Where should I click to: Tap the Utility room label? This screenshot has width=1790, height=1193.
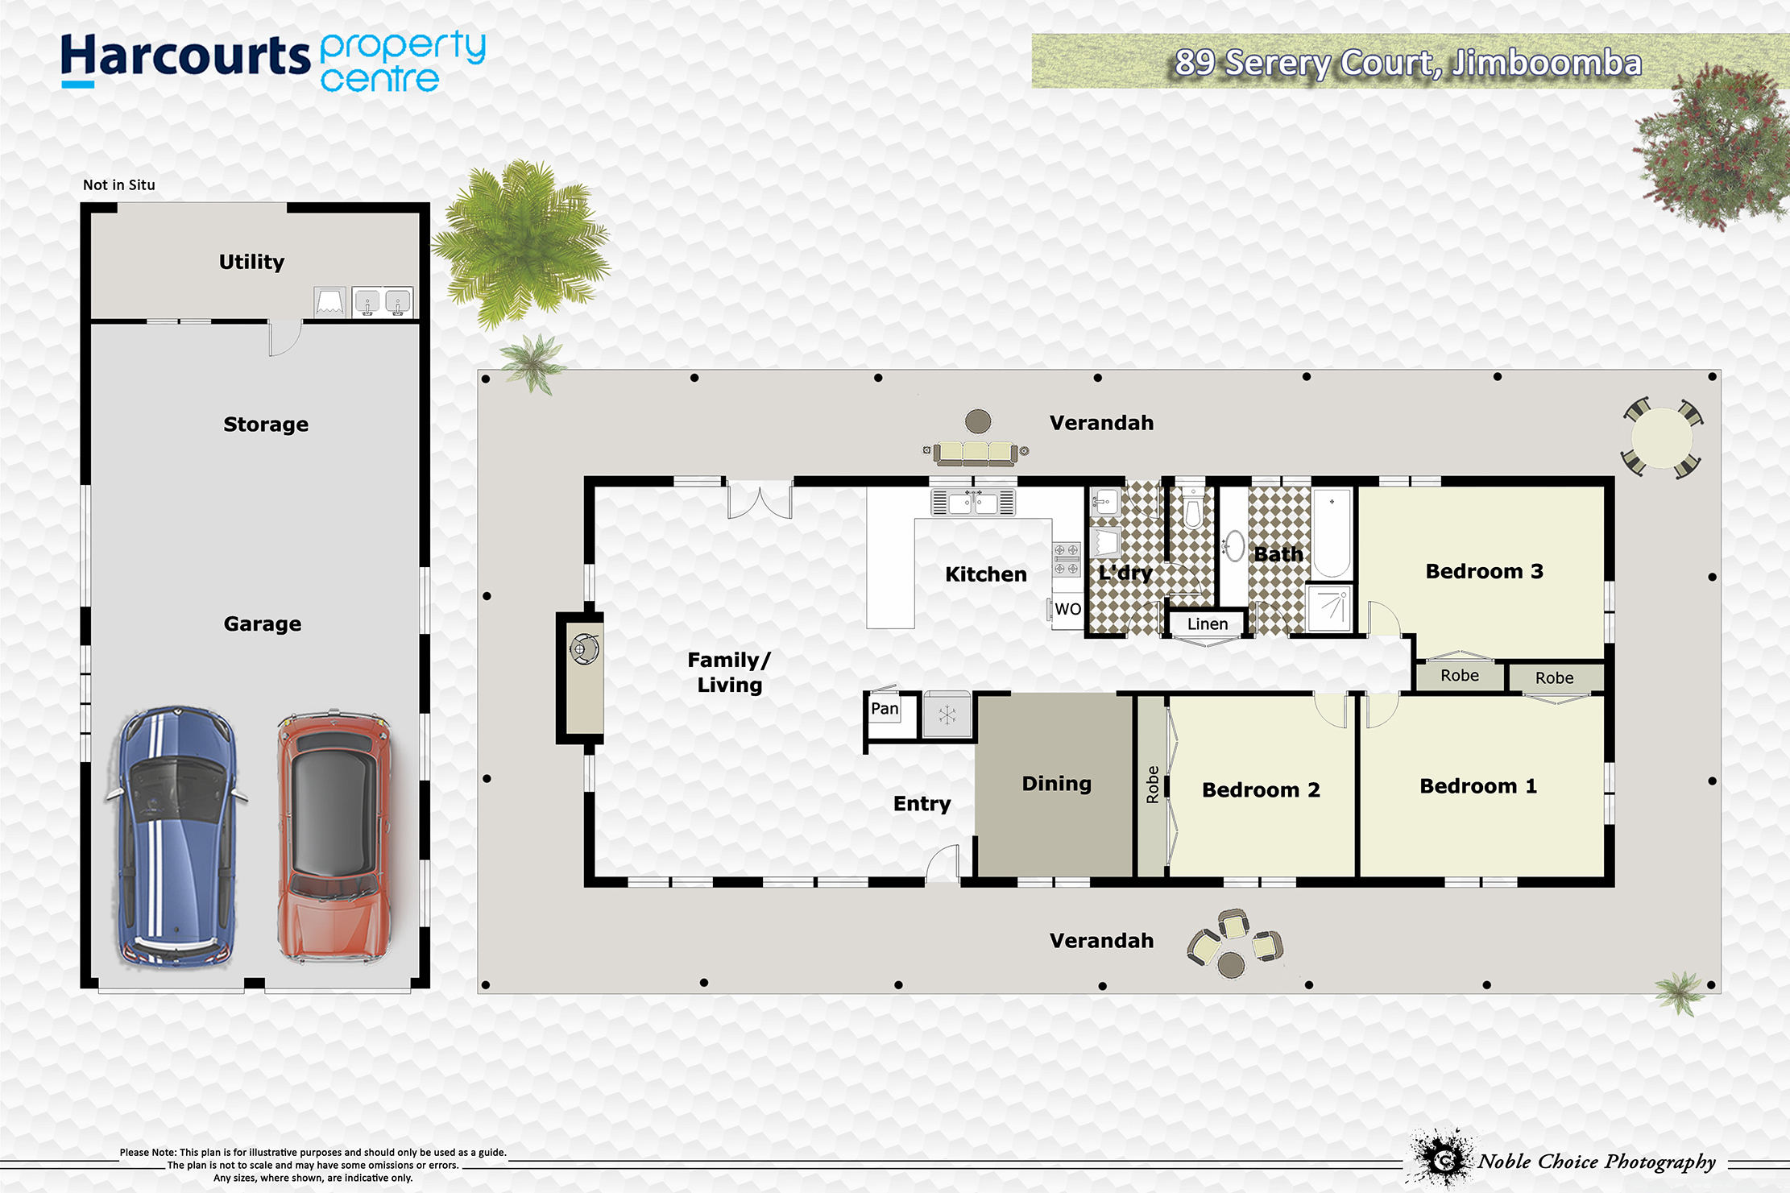(x=251, y=262)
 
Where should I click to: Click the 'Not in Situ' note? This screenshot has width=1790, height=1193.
(x=119, y=184)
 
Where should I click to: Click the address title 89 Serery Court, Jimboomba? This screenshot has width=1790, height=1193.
(x=1408, y=63)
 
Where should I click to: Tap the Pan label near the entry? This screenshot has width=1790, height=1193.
(x=885, y=709)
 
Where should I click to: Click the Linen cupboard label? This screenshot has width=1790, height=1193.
(x=1208, y=623)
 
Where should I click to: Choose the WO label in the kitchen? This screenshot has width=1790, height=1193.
(x=1068, y=609)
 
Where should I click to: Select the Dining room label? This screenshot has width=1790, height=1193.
(x=1057, y=784)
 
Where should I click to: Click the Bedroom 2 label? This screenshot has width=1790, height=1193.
(x=1261, y=789)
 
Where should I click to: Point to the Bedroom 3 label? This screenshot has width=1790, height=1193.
(x=1484, y=571)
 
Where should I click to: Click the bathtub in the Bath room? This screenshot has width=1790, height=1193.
(x=1332, y=533)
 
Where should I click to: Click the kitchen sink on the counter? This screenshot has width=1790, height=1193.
(x=973, y=503)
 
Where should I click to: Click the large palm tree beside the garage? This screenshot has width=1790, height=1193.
(x=522, y=243)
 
